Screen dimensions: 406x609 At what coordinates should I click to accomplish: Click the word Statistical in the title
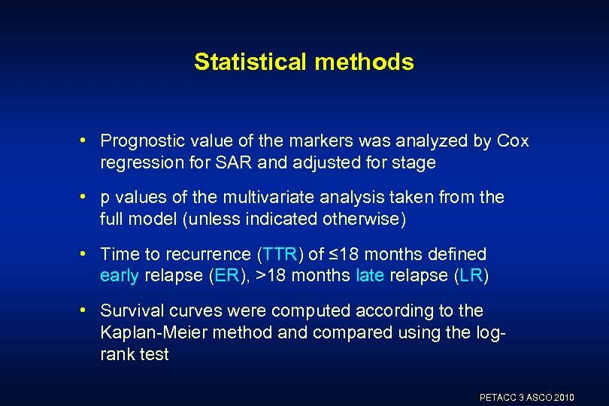tap(249, 62)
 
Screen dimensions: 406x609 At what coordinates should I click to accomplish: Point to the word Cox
tap(513, 141)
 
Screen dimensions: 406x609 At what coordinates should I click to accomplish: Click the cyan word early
tap(119, 275)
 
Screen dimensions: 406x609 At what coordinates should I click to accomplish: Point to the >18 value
tap(271, 275)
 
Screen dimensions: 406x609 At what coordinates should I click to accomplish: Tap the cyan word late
tap(370, 275)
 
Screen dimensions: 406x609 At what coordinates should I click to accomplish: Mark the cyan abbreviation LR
tap(472, 275)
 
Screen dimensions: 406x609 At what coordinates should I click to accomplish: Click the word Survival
tap(132, 311)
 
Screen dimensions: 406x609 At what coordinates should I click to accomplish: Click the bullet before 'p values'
tap(89, 198)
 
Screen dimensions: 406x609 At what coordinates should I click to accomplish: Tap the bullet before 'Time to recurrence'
tap(89, 254)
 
